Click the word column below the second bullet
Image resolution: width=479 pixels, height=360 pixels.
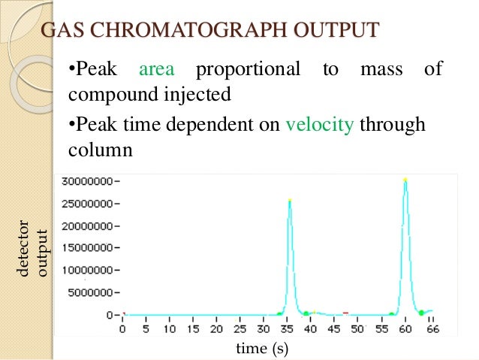coord(101,149)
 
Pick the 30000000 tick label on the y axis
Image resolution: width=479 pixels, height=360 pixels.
coord(90,181)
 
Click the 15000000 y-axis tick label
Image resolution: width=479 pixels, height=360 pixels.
coord(90,248)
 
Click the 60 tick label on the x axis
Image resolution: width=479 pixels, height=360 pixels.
coord(405,328)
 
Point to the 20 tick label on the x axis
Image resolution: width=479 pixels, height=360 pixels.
coord(216,328)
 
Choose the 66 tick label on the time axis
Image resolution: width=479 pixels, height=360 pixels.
coord(433,328)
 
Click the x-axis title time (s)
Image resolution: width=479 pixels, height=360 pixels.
coord(262,348)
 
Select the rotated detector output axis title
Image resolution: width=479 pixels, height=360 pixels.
coord(34,248)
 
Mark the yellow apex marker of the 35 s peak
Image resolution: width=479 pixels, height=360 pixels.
coord(289,200)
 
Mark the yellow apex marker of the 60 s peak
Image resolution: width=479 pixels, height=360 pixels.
coord(405,180)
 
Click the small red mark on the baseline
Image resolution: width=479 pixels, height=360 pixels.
coord(345,312)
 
